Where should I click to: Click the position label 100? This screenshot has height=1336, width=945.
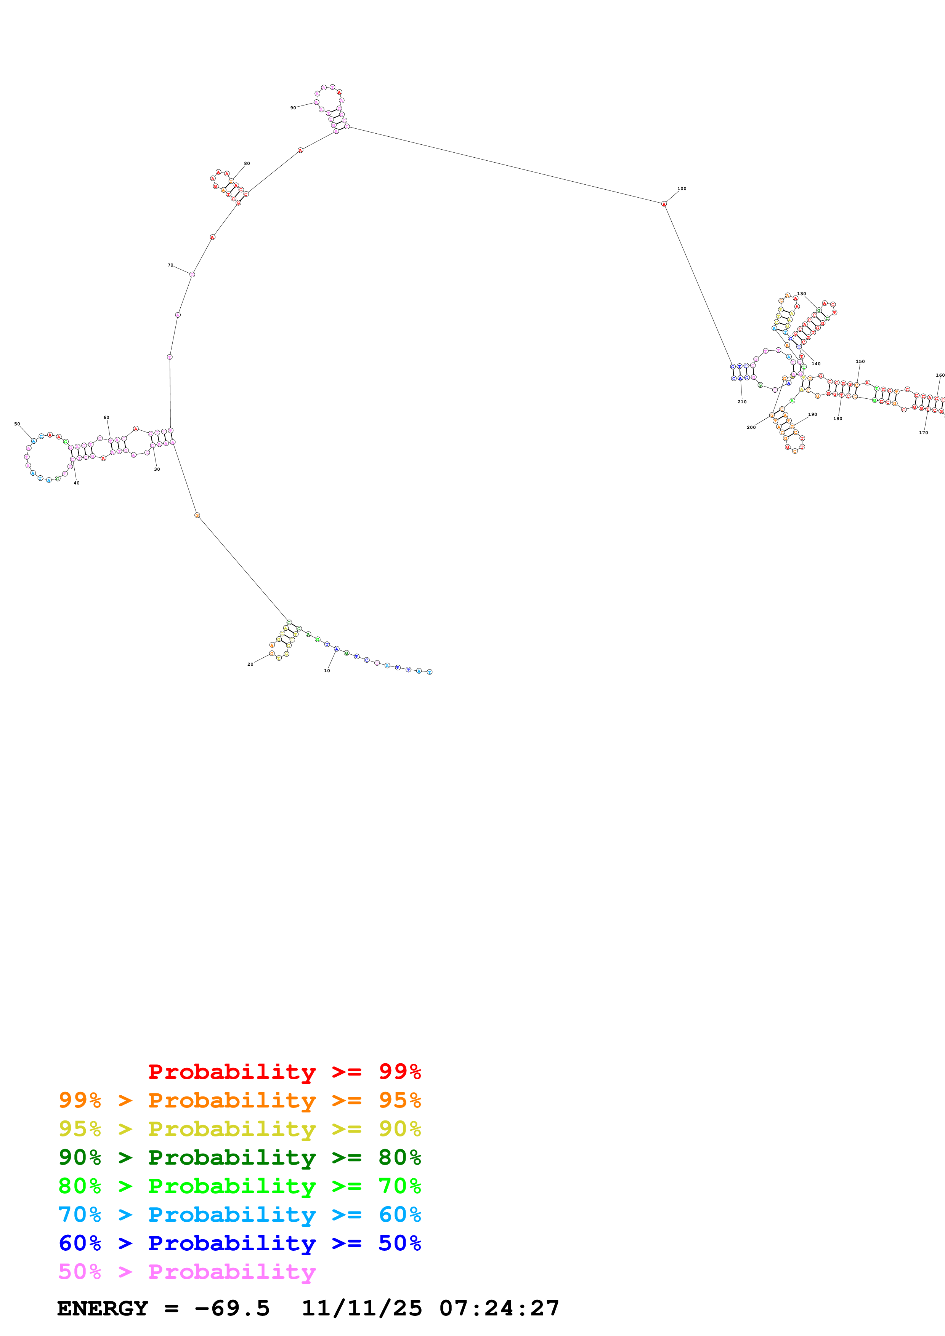click(x=682, y=189)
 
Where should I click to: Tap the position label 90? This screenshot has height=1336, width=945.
click(x=293, y=108)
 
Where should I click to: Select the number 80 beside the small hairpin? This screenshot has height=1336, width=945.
click(x=247, y=163)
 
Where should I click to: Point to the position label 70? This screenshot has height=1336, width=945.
click(x=170, y=265)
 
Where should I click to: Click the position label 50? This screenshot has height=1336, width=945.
click(x=17, y=424)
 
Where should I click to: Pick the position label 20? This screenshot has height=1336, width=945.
click(x=250, y=664)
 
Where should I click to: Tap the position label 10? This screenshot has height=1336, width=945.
click(x=327, y=670)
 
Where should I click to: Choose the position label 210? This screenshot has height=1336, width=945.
click(x=742, y=401)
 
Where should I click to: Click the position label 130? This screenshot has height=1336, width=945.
click(x=802, y=294)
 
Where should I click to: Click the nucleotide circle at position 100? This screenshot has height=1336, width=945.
click(x=664, y=204)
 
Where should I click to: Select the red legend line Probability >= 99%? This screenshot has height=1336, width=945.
click(x=284, y=1071)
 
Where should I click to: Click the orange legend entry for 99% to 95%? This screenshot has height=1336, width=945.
click(x=239, y=1100)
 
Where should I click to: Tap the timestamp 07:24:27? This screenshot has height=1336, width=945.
click(x=499, y=1308)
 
